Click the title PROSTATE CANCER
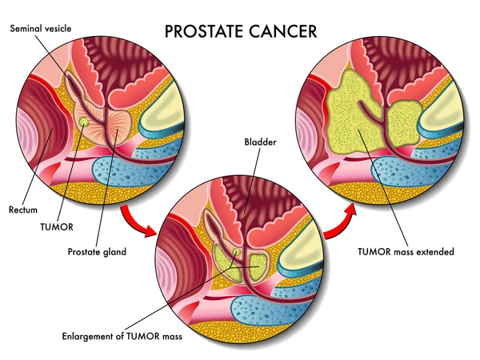click(x=240, y=31)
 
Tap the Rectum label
click(x=23, y=210)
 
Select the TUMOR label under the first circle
click(x=57, y=226)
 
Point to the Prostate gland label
click(x=98, y=251)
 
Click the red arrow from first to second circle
click(x=137, y=219)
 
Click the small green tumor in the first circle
click(x=84, y=121)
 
